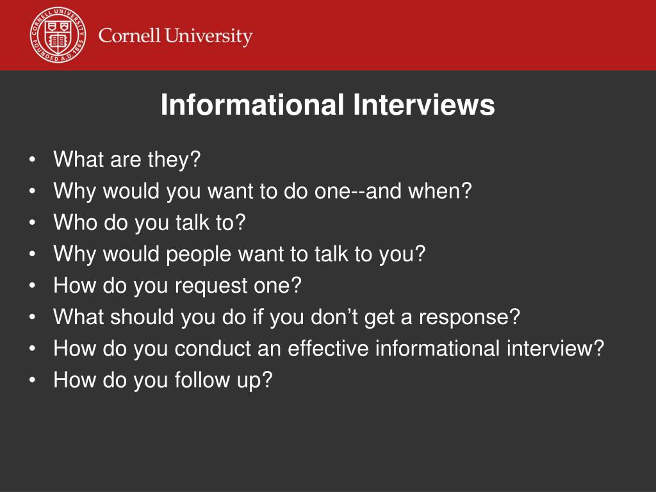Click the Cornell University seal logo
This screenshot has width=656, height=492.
57,36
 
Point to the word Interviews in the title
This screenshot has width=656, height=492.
424,105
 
